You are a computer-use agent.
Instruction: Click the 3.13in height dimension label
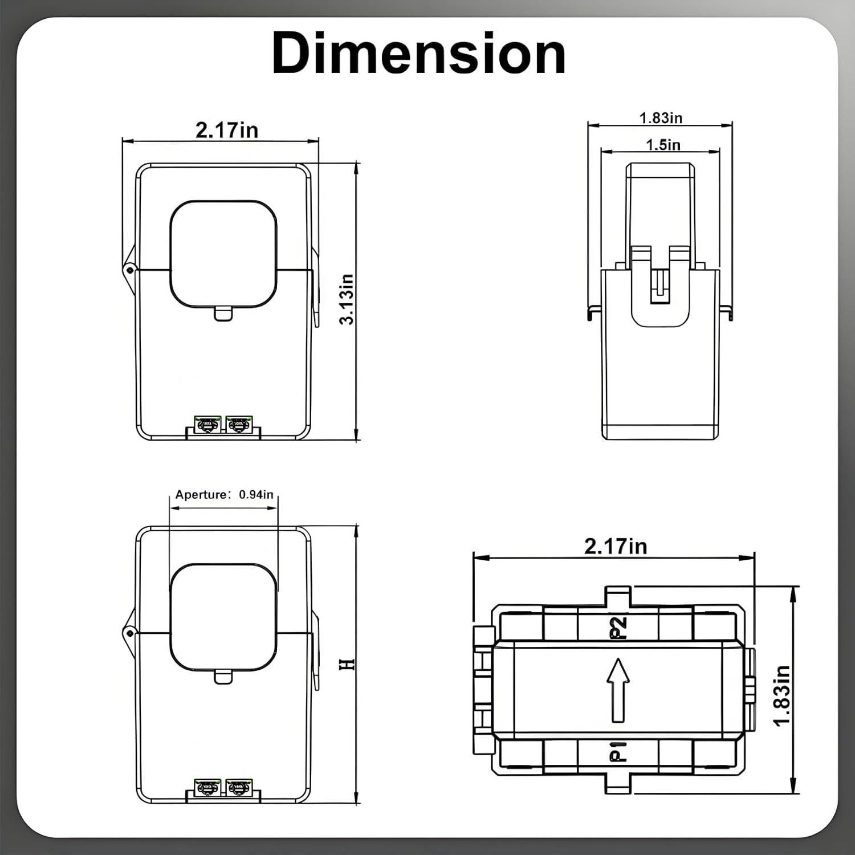click(x=347, y=299)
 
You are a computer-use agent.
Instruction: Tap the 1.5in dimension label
click(x=663, y=145)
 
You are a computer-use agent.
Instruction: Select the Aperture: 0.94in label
click(x=224, y=494)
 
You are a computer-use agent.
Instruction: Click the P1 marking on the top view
click(x=618, y=751)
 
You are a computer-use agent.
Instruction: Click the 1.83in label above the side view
click(x=661, y=118)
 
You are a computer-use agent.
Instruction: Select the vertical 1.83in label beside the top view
click(x=783, y=695)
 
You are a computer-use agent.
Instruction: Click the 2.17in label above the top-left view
click(x=226, y=130)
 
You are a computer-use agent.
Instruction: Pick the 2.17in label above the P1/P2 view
click(x=616, y=546)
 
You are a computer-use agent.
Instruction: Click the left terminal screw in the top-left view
click(x=207, y=425)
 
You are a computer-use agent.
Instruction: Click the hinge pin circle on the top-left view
click(x=130, y=269)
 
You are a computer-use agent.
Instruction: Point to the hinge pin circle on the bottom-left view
click(x=130, y=633)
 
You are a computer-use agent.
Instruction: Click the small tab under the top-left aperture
click(x=223, y=313)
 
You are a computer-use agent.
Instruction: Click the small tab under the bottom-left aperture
click(x=223, y=677)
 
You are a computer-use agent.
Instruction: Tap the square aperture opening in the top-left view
click(x=223, y=254)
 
